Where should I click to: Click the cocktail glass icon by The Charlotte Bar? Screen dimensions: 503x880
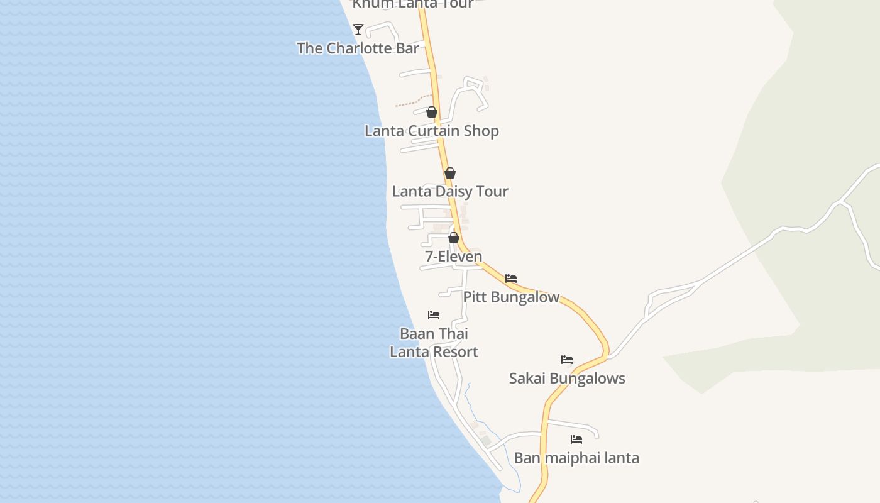358,29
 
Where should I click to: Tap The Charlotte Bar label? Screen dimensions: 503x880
358,48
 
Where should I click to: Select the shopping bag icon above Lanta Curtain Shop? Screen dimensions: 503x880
432,113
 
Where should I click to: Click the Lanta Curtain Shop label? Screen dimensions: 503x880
432,131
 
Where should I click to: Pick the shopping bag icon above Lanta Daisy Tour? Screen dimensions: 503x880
450,173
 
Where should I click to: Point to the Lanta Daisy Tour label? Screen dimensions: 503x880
450,191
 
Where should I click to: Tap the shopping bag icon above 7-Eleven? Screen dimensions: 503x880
454,238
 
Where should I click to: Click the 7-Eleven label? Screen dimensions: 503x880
454,257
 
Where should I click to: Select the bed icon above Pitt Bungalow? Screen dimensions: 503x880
511,278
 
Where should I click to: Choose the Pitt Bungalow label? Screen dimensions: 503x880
511,297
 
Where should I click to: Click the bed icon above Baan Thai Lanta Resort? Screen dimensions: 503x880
434,315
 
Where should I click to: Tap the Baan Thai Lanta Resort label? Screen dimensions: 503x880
434,343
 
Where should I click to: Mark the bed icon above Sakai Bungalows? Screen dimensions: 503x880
567,360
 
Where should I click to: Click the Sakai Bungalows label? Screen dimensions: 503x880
567,379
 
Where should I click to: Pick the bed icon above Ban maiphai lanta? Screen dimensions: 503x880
576,439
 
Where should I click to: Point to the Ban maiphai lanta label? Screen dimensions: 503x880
576,458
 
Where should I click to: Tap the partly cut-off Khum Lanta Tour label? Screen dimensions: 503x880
412,4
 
